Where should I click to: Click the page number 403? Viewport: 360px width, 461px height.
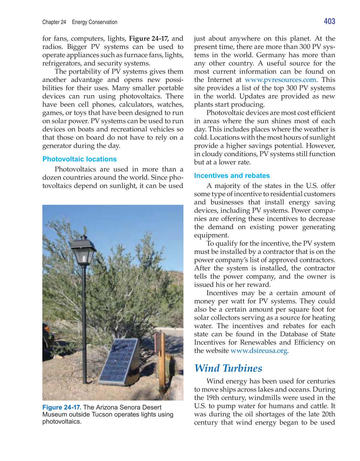click(329, 21)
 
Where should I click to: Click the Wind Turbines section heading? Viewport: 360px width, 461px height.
click(228, 368)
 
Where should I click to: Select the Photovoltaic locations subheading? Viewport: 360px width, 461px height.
click(79, 159)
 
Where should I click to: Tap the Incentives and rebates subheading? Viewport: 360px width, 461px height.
click(232, 175)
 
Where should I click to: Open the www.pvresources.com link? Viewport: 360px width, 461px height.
click(280, 80)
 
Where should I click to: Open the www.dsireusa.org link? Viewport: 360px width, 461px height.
click(259, 351)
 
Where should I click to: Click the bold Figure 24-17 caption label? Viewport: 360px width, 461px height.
click(62, 407)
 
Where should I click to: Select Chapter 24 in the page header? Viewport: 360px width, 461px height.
click(54, 22)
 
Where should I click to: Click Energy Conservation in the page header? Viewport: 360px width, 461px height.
click(95, 22)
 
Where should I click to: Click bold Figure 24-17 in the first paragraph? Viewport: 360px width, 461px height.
click(149, 39)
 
